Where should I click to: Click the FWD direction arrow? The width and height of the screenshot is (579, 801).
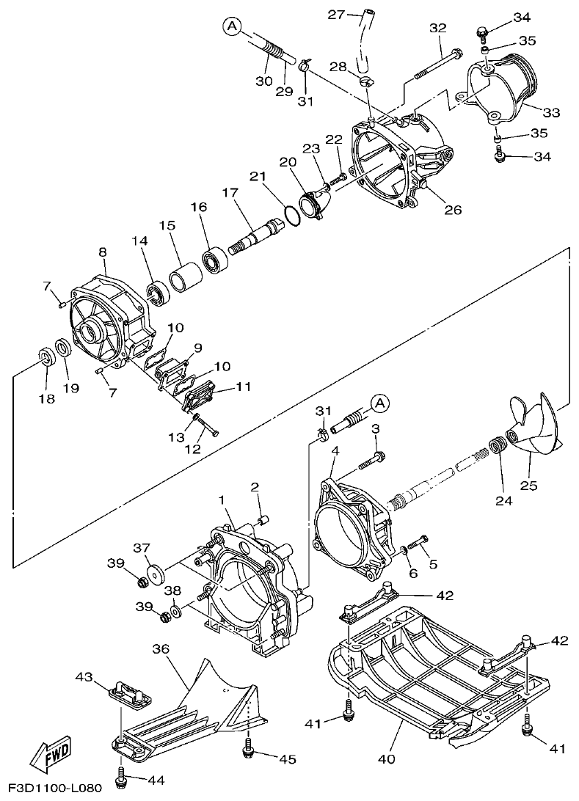(46, 756)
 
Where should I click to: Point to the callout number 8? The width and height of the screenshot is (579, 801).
(102, 252)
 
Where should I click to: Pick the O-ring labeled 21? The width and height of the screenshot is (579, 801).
(291, 216)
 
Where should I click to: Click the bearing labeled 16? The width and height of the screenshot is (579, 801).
(215, 260)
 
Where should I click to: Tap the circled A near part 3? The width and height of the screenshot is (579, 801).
(379, 403)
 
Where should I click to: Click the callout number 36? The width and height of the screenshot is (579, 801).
(161, 648)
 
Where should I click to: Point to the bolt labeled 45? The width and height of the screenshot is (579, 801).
(248, 750)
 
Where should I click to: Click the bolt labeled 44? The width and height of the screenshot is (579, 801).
(120, 774)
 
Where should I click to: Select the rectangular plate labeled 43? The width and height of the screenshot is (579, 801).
(131, 694)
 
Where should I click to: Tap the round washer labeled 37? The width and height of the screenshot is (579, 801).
(155, 574)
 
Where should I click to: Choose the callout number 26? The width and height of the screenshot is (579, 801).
(453, 210)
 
